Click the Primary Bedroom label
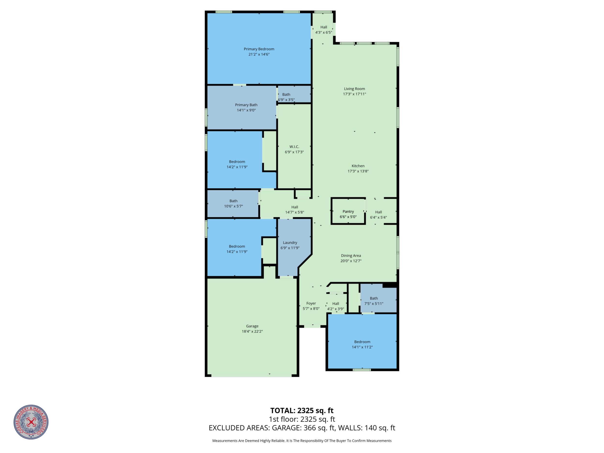(259, 49)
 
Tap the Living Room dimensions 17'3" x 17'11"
(355, 94)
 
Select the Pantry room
(348, 211)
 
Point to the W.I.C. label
(294, 147)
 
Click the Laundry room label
(290, 242)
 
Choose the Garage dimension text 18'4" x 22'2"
(252, 331)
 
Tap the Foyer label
(311, 303)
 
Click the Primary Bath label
(246, 105)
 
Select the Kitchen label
(358, 166)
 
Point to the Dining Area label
(351, 256)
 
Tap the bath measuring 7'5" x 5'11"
(378, 298)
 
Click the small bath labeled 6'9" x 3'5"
(294, 94)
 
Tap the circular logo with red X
(31, 422)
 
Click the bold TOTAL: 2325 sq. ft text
(302, 411)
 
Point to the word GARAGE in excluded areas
(287, 428)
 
